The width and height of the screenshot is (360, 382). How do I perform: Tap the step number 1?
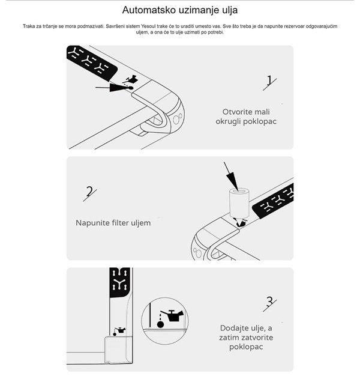[269, 80]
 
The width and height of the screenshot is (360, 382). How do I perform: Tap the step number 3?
[269, 302]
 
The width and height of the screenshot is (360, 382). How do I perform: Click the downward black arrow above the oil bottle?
[230, 176]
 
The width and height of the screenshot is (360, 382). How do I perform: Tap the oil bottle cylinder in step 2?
[239, 202]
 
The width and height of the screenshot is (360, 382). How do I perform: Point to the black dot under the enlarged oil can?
[160, 324]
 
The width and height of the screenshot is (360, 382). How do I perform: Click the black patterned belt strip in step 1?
[91, 62]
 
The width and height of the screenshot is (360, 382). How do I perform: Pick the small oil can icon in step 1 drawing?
[132, 79]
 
